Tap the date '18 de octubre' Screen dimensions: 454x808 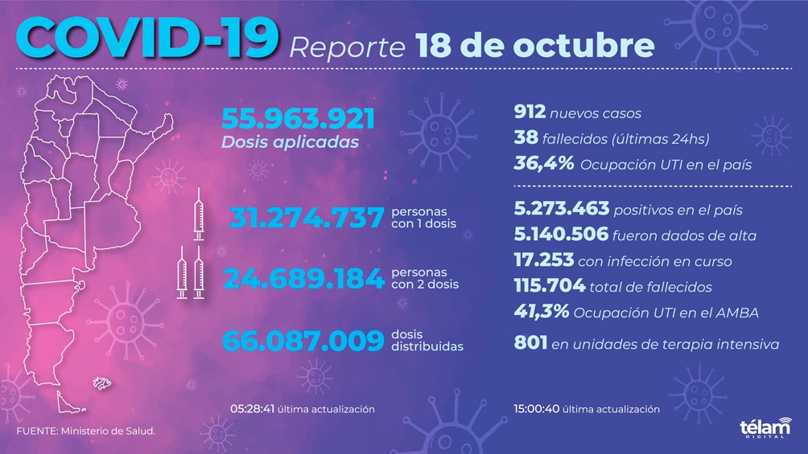pyautogui.click(x=535, y=46)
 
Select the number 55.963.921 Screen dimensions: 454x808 pyautogui.click(x=299, y=120)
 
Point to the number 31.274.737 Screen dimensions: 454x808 pyautogui.click(x=306, y=217)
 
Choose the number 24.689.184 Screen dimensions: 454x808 pyautogui.click(x=303, y=279)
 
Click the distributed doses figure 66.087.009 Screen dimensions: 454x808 pyautogui.click(x=302, y=341)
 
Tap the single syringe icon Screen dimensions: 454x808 pyautogui.click(x=199, y=216)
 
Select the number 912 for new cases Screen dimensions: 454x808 pyautogui.click(x=530, y=113)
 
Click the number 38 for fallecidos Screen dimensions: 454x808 pyautogui.click(x=526, y=139)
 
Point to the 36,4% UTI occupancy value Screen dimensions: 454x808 pyautogui.click(x=544, y=165)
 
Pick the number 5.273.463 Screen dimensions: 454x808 pyautogui.click(x=561, y=211)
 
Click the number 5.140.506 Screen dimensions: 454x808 pyautogui.click(x=561, y=235)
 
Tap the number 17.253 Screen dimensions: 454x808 pyautogui.click(x=544, y=260)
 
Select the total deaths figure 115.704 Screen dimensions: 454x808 pyautogui.click(x=550, y=286)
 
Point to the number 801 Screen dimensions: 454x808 pyautogui.click(x=530, y=344)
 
